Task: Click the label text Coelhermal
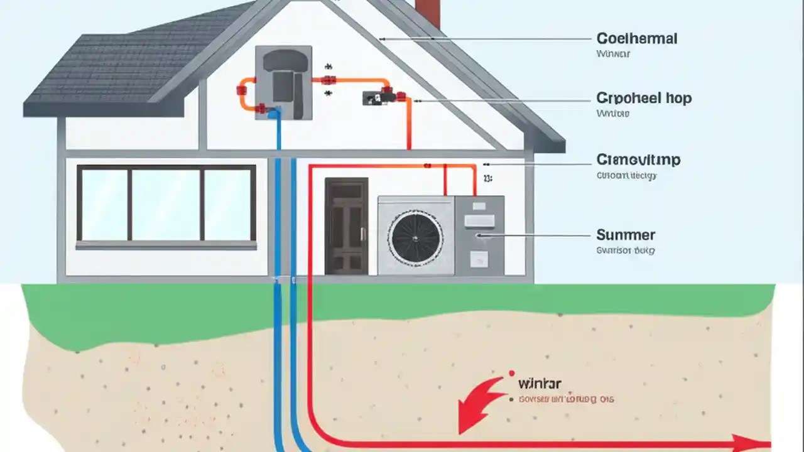pyautogui.click(x=636, y=39)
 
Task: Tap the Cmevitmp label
pyautogui.click(x=638, y=160)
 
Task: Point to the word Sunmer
pyautogui.click(x=625, y=235)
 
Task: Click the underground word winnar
pyautogui.click(x=540, y=383)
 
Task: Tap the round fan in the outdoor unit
pyautogui.click(x=415, y=237)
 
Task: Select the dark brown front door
pyautogui.click(x=346, y=226)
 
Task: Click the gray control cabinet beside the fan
pyautogui.click(x=479, y=235)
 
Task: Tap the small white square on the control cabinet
pyautogui.click(x=479, y=258)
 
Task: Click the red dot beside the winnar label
pyautogui.click(x=512, y=373)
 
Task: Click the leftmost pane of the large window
pyautogui.click(x=104, y=205)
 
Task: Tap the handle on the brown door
pyautogui.click(x=362, y=234)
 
